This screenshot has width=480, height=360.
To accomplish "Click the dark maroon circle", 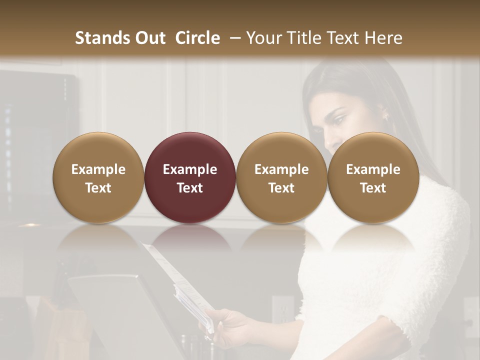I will [190, 178].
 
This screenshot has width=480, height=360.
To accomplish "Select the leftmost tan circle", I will [98, 178].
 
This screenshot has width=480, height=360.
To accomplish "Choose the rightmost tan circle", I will [373, 178].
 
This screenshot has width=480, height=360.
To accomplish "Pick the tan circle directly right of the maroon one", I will [281, 178].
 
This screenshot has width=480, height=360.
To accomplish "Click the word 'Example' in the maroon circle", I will [190, 169].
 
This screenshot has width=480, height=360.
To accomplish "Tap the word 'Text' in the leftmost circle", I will [98, 188].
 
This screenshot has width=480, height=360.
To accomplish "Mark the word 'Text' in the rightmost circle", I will [373, 188].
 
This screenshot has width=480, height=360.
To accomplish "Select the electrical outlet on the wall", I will [283, 307].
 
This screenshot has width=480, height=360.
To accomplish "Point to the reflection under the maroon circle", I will [190, 237].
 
